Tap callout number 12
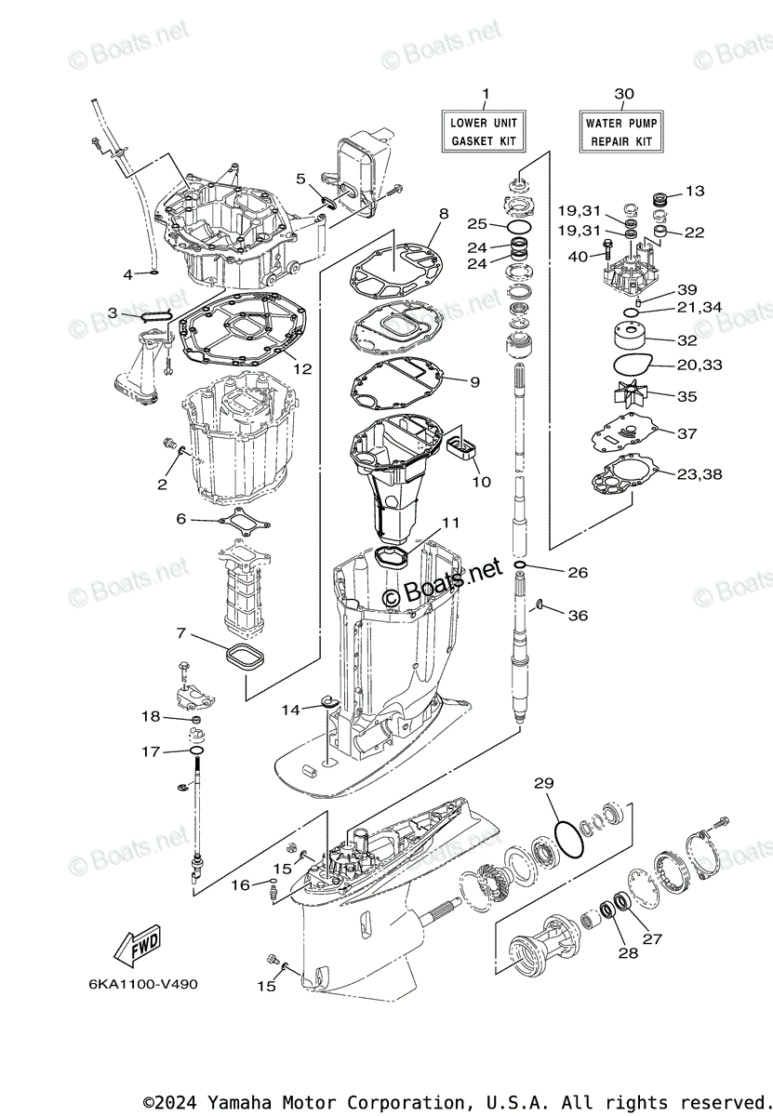[x=302, y=368]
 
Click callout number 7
[x=181, y=633]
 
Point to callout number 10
[x=481, y=482]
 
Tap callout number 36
[x=578, y=615]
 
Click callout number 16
[x=240, y=884]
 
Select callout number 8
[x=443, y=213]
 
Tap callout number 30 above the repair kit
[x=624, y=93]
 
